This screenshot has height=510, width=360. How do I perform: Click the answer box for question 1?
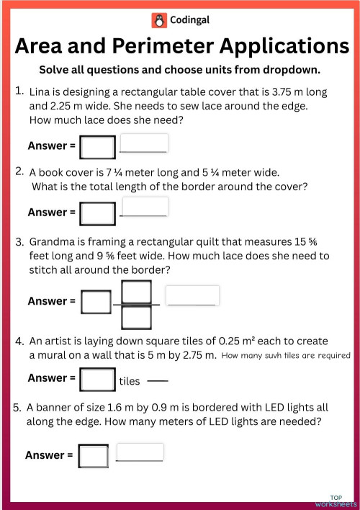[98, 147]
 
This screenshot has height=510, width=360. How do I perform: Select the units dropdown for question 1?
[143, 143]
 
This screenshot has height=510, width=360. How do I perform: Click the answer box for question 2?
[98, 213]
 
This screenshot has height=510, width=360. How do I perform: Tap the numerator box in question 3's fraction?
[136, 291]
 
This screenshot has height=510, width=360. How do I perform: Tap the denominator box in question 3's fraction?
[136, 317]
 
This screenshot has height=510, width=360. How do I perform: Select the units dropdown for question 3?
[192, 295]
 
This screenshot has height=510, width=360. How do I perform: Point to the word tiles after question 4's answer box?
[130, 381]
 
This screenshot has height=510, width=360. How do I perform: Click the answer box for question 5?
[94, 456]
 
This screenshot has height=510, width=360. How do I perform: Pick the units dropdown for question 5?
[140, 452]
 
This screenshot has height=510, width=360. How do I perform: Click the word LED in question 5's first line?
[258, 407]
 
